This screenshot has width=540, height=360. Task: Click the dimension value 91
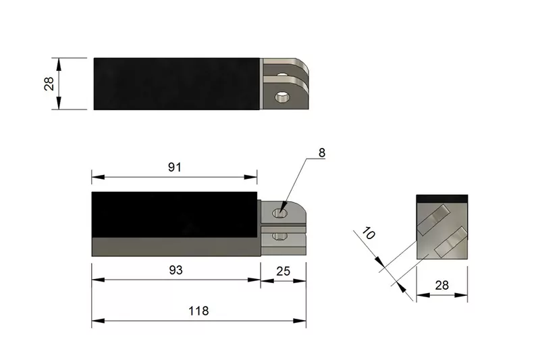175,167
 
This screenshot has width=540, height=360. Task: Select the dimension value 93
175,270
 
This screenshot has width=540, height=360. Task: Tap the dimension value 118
198,311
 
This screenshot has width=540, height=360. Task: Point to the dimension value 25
283,272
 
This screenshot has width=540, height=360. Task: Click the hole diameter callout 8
322,153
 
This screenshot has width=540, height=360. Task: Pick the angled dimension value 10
368,233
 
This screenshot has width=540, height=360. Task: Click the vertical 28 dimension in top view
49,84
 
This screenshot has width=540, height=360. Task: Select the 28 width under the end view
442,285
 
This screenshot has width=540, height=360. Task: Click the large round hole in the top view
282,97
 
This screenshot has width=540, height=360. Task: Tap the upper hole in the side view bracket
280,213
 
